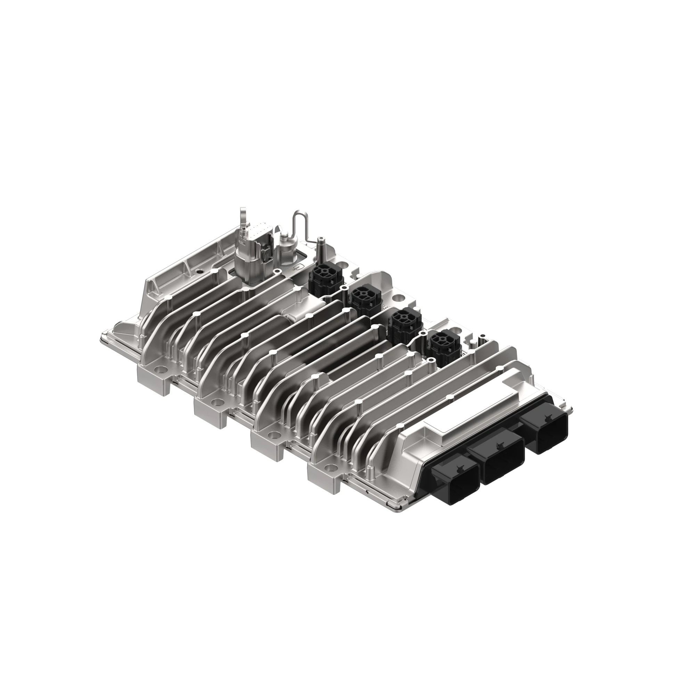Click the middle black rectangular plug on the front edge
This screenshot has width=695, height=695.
502,456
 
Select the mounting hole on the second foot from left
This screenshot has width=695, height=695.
217,402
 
